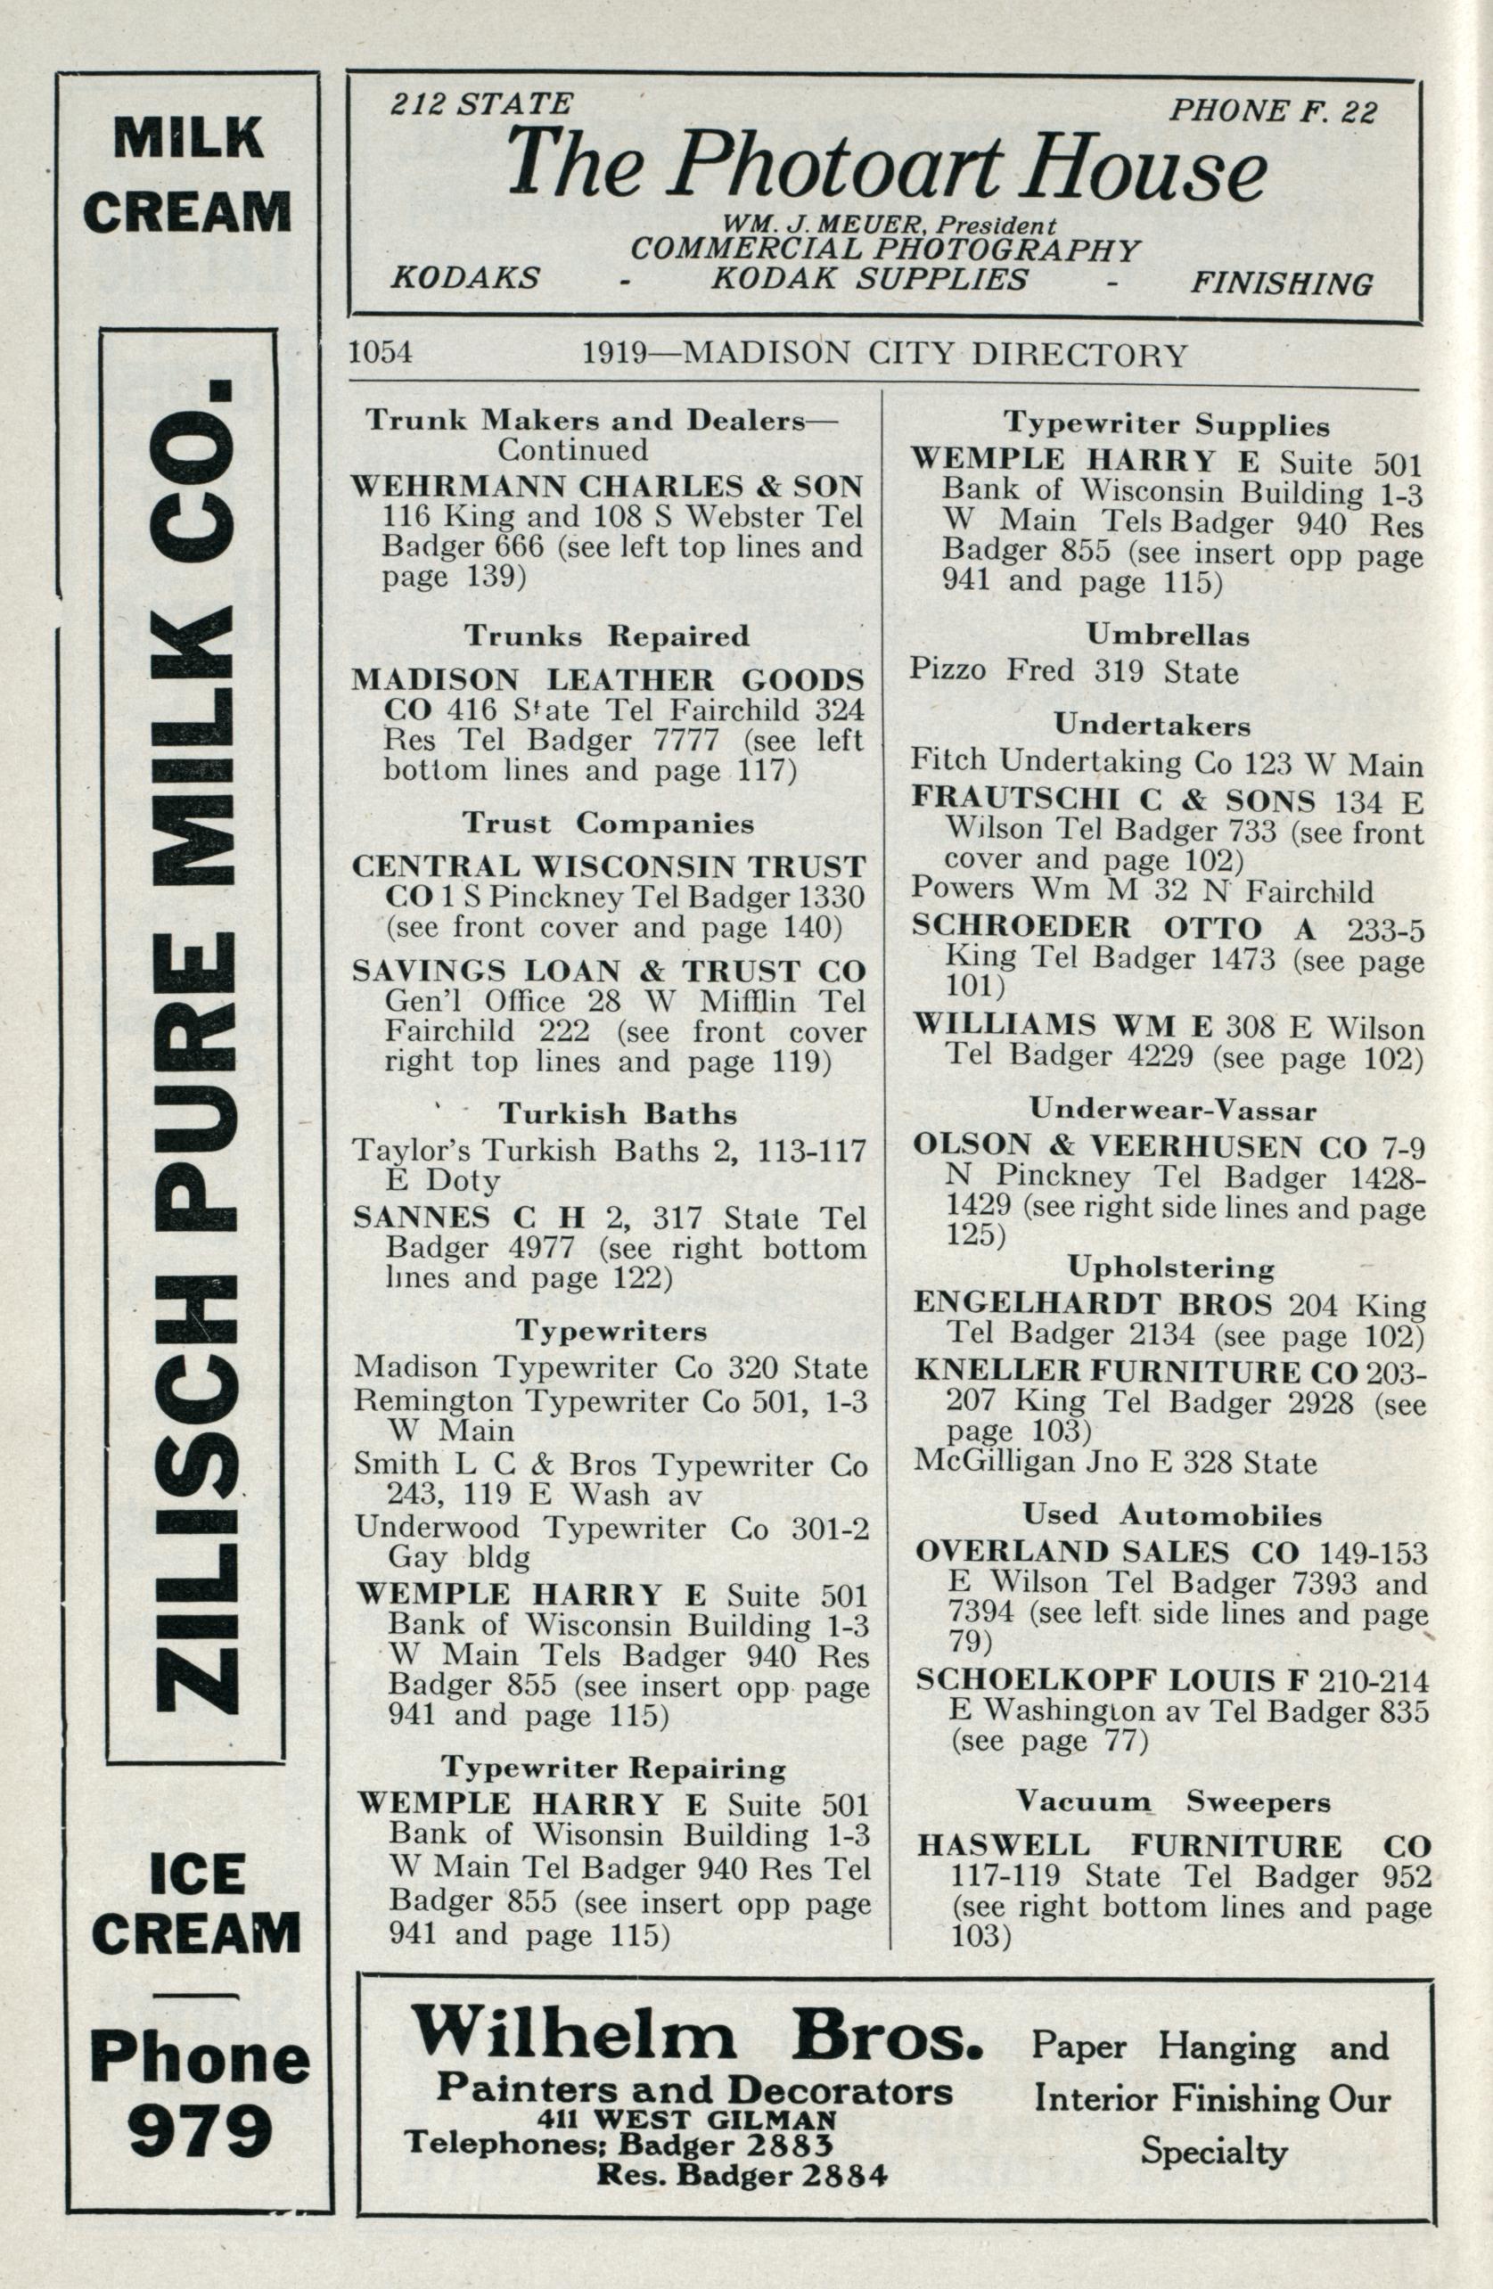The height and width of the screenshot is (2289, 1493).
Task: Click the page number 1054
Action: coord(380,353)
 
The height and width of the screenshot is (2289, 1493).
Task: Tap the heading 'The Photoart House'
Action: coord(885,165)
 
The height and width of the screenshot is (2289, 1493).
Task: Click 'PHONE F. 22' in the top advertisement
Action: coord(1273,111)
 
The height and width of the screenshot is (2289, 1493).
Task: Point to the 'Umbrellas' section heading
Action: coord(1168,635)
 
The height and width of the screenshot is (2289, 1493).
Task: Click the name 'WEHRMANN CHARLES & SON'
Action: coord(607,486)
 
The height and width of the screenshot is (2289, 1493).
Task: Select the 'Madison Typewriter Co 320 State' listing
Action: coord(610,1366)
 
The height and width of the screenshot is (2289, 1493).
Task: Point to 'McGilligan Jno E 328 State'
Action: coord(1114,1463)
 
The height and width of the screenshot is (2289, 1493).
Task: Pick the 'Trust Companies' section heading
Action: coord(608,824)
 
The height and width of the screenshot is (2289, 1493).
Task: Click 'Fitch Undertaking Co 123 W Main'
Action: coord(1166,764)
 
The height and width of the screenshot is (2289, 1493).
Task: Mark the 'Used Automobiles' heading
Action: coord(1172,1514)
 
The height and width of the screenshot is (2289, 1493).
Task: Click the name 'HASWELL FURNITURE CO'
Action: coord(1174,1846)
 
